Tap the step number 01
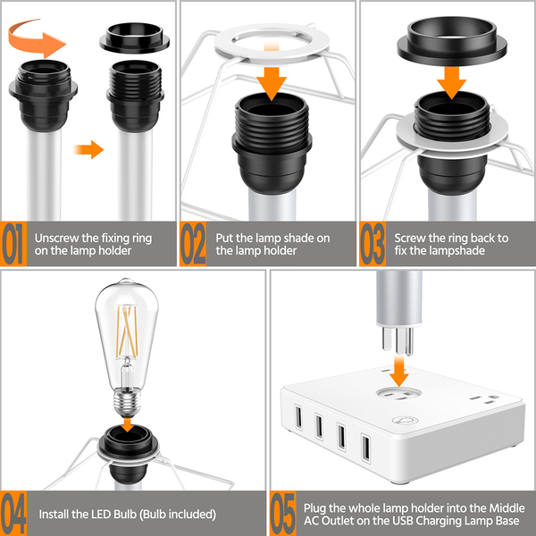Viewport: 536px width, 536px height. tap(13, 243)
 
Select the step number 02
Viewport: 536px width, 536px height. tap(193, 243)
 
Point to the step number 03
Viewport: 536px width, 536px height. tap(373, 243)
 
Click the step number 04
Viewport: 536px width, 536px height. tap(13, 514)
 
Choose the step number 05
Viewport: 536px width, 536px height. tap(283, 514)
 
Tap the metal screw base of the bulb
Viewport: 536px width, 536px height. tap(127, 403)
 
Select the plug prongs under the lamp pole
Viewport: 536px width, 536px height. tap(398, 340)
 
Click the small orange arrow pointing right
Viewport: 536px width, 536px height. tap(88, 149)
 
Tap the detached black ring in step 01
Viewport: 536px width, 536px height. tap(134, 37)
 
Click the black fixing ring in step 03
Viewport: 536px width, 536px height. tap(451, 41)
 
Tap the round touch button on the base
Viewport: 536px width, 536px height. tap(405, 420)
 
